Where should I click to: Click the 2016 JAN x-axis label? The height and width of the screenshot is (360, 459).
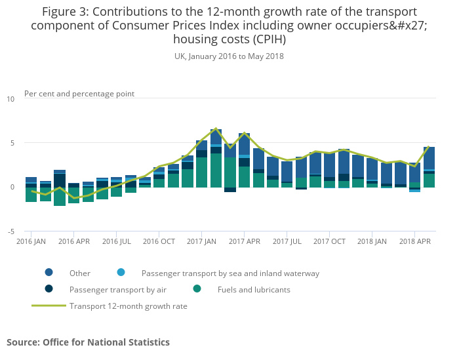tap(31, 241)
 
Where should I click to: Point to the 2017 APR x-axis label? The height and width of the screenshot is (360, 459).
tap(244, 241)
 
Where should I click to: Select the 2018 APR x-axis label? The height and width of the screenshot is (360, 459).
tap(414, 241)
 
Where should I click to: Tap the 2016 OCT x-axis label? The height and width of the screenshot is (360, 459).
tap(159, 241)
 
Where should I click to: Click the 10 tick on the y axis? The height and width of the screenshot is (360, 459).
tap(10, 99)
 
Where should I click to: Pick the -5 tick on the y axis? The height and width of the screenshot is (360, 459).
tap(10, 231)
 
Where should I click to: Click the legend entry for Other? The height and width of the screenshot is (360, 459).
tap(80, 273)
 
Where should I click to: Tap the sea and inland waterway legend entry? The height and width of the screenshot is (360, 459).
tap(230, 273)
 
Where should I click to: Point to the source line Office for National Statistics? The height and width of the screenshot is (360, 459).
tap(88, 342)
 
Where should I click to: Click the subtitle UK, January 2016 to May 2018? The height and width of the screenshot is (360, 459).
tap(229, 56)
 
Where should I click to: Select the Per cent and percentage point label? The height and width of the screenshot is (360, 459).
tap(79, 94)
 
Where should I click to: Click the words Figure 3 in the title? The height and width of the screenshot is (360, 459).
tap(64, 12)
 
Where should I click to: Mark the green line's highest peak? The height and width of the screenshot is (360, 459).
tap(216, 129)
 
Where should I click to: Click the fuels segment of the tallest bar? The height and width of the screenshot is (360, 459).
tap(216, 170)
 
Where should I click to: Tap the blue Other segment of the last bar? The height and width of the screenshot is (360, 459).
tap(429, 158)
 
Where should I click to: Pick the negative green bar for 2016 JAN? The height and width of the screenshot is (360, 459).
tap(31, 194)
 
